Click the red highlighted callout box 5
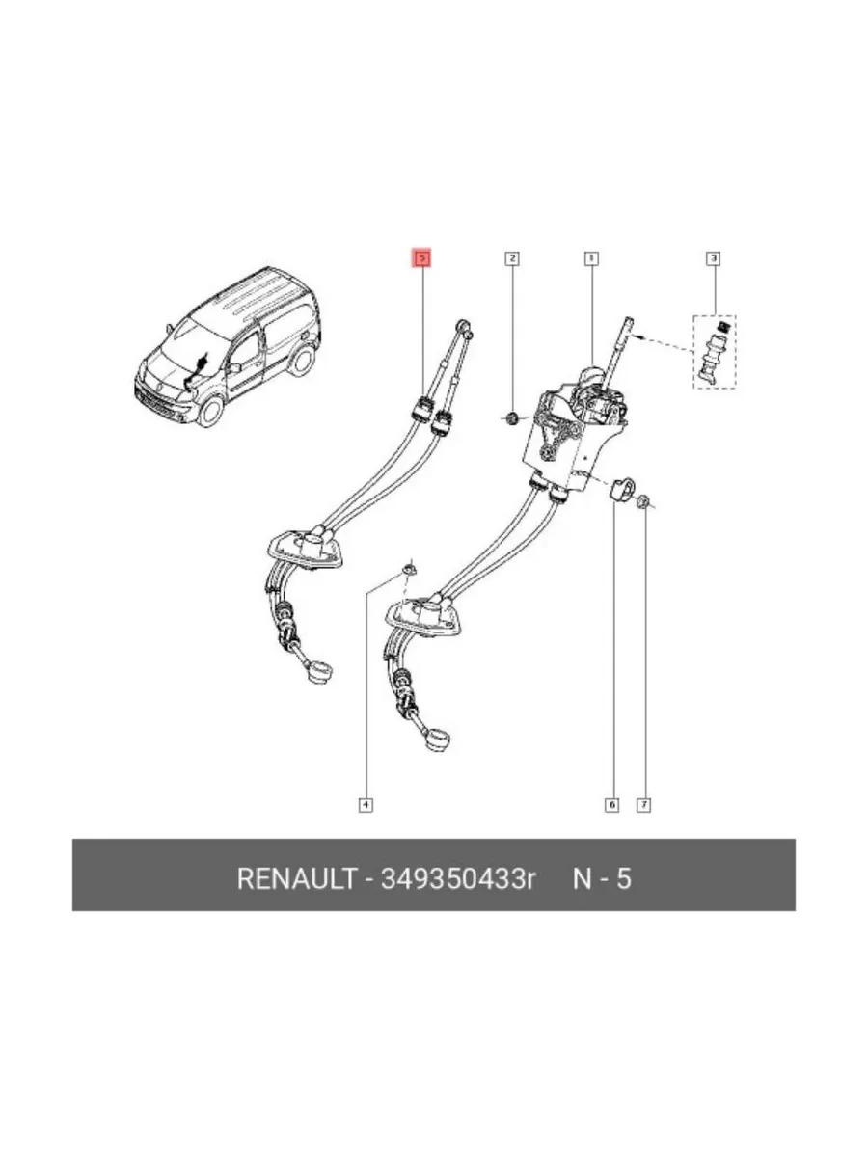422,258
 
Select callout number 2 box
512,258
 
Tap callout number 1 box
591,258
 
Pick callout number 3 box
713,258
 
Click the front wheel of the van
211,412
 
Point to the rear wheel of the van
302,359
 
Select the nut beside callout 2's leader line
510,419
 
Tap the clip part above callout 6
622,489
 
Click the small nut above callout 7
643,501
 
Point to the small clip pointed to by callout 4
410,569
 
